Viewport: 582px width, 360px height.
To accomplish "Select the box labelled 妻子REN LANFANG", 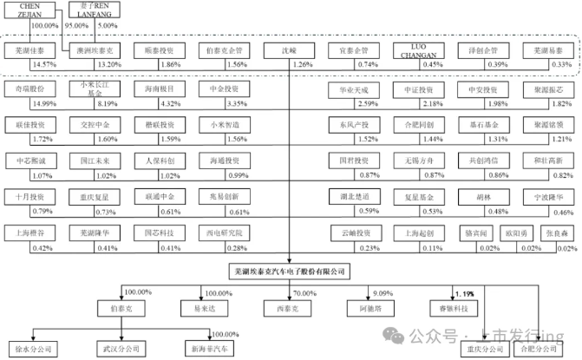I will tap(92, 10).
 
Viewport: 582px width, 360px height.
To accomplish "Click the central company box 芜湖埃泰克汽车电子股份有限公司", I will tap(288, 272).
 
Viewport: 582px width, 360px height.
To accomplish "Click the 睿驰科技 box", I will tap(454, 307).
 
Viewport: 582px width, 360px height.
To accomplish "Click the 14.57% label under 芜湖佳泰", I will tap(43, 65).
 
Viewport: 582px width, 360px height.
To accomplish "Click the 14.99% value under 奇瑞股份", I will tap(43, 103).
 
